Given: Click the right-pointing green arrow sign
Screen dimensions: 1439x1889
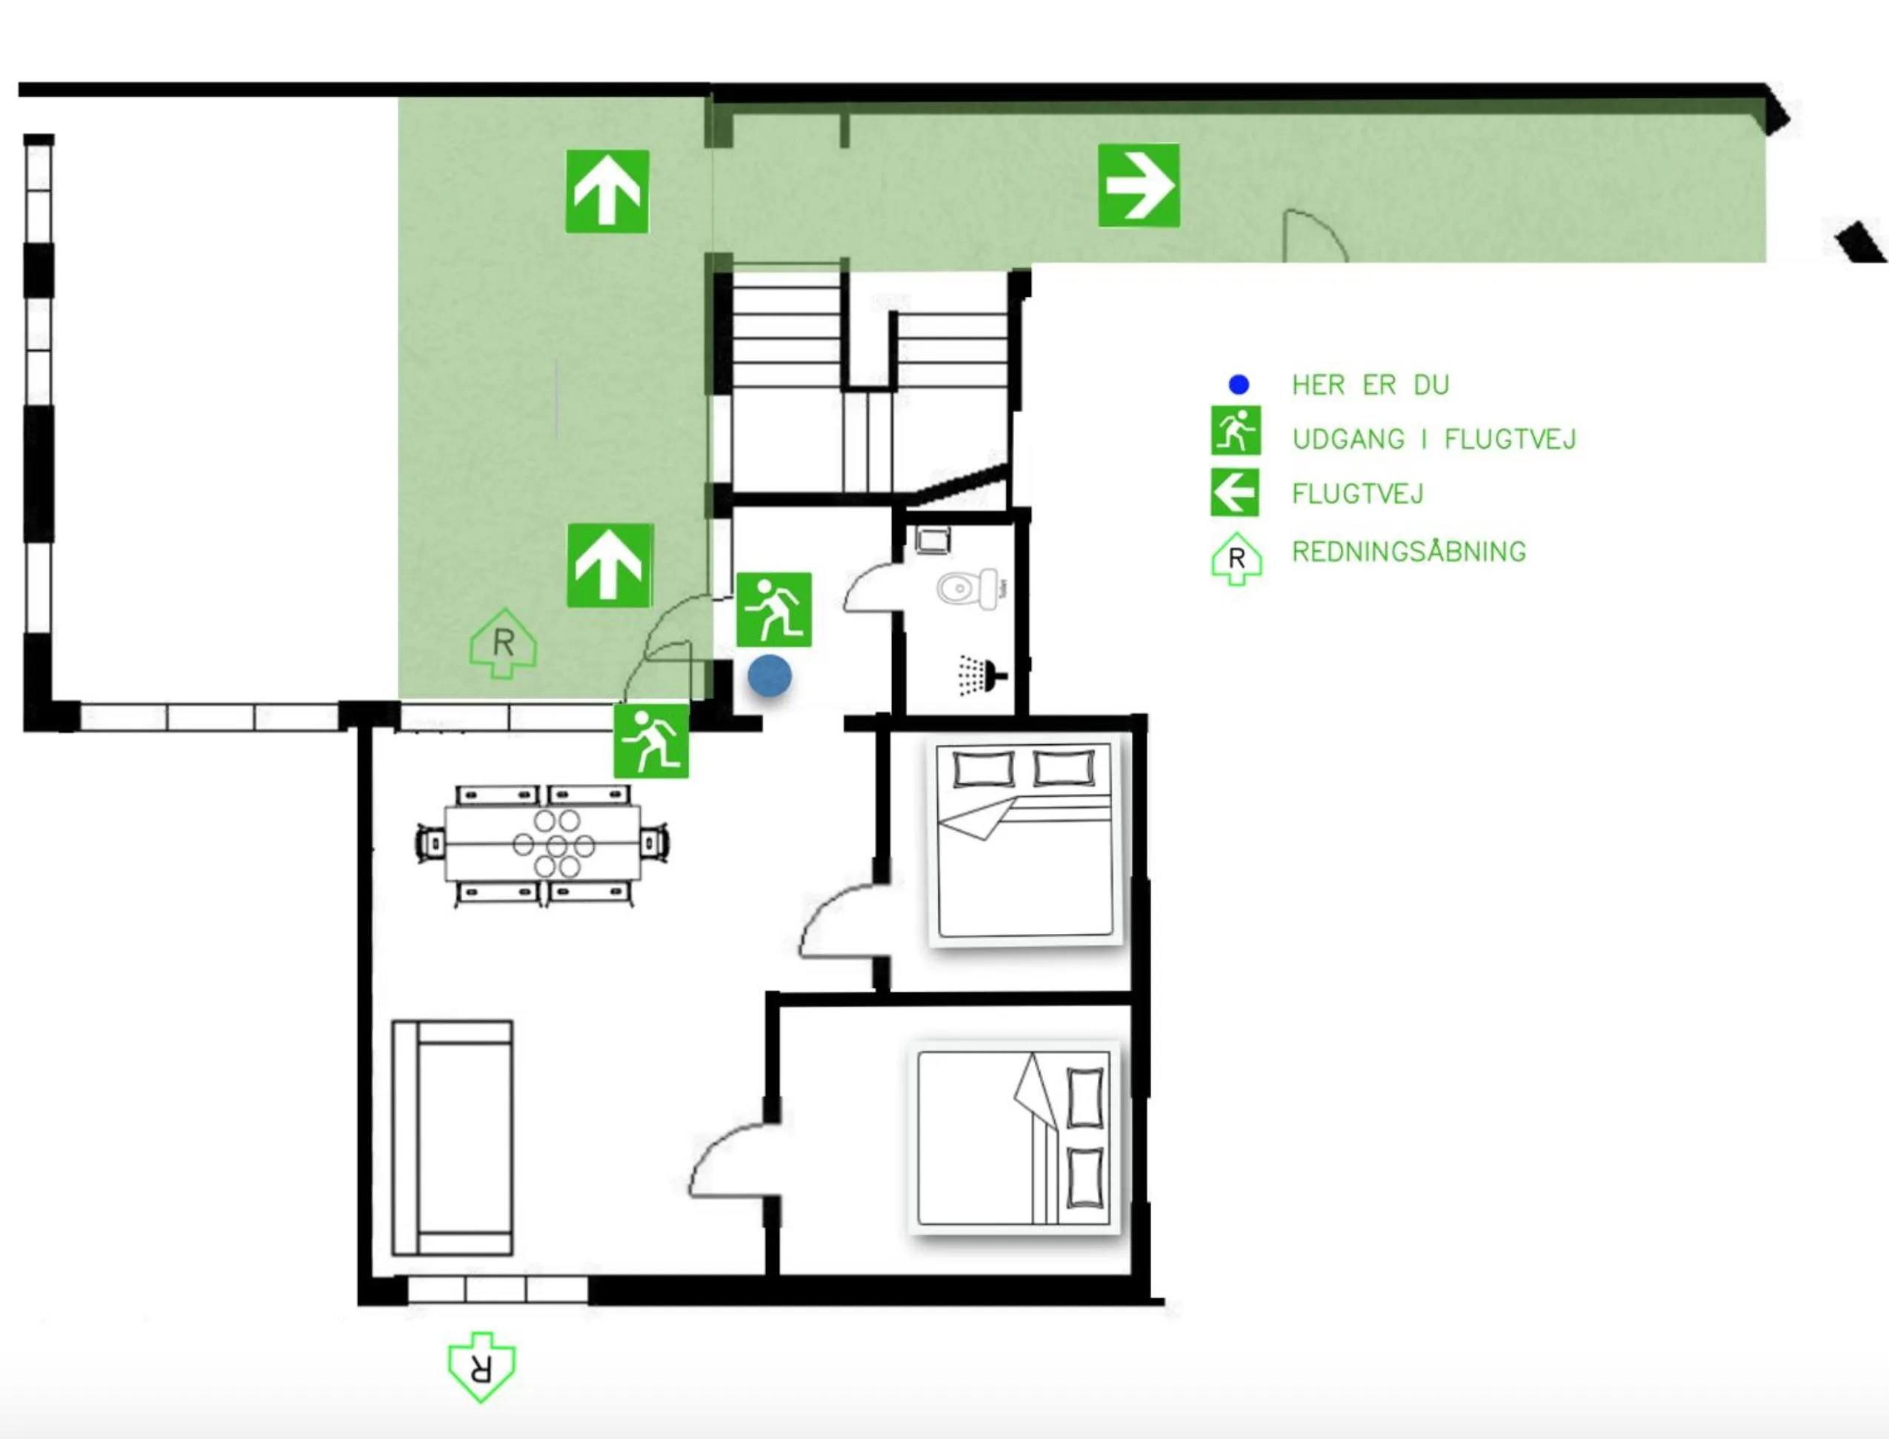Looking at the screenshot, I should (x=1139, y=185).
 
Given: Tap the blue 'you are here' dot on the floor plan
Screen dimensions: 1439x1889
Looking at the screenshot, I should (x=770, y=676).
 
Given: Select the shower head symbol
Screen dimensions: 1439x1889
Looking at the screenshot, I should (x=982, y=675).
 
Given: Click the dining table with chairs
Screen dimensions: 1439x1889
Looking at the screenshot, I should (x=543, y=844).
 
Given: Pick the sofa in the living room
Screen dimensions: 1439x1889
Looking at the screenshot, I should (x=453, y=1138).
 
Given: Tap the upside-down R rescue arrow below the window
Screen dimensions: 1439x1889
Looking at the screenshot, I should (x=482, y=1366).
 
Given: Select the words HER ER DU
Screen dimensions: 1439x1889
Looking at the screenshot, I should (x=1370, y=385).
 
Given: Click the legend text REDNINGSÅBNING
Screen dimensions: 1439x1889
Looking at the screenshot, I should (x=1408, y=552).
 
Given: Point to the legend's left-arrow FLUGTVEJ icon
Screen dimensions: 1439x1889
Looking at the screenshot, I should (x=1234, y=493).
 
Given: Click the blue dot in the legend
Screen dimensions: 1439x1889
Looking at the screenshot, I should (x=1238, y=384).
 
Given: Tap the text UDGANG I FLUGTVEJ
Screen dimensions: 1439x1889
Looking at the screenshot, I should (x=1433, y=439).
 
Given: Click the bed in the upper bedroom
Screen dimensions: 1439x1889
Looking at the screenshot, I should (x=1025, y=841).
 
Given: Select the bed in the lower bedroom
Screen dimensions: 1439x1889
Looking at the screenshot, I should (x=1014, y=1138).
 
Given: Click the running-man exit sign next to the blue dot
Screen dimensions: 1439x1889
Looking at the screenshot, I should (x=773, y=609).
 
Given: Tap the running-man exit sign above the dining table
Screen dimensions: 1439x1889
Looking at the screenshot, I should (x=651, y=740).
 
